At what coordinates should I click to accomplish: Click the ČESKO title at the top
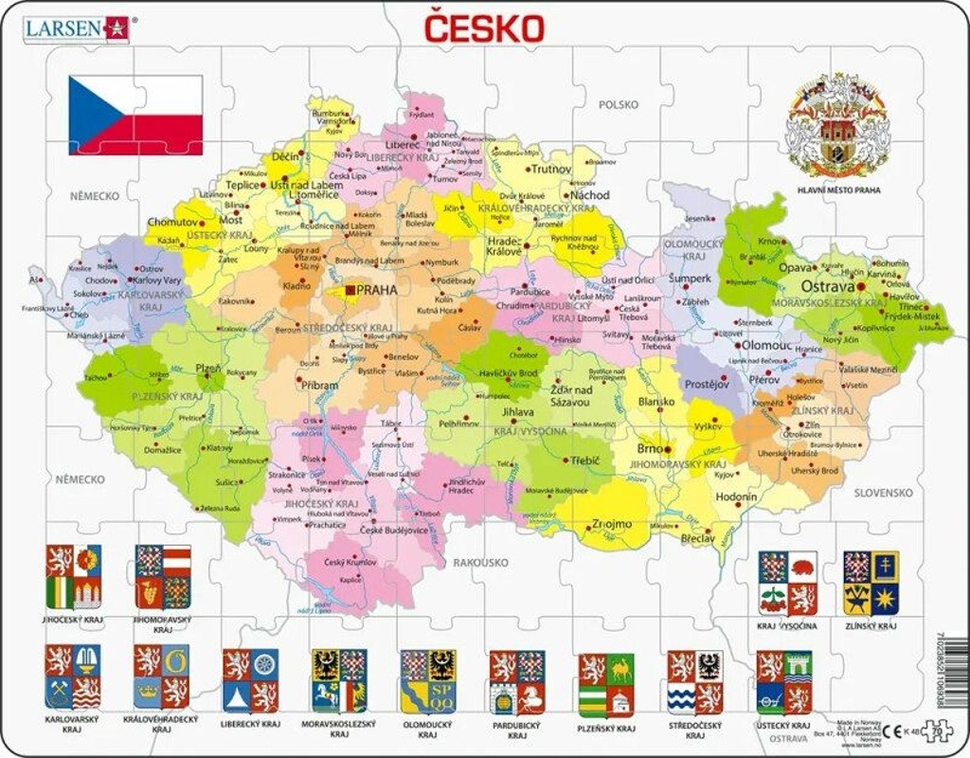pos(483,27)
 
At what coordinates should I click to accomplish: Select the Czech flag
pos(135,115)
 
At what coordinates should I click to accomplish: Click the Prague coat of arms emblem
pos(836,128)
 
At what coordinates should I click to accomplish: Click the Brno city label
pos(650,448)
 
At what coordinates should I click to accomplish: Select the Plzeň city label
pos(207,368)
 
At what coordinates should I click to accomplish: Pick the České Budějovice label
pos(393,530)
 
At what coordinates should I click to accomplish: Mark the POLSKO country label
pos(618,104)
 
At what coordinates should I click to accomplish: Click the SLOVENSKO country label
pos(883,493)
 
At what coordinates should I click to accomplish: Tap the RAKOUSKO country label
pos(479,563)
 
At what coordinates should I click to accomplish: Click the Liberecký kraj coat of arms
pos(251,680)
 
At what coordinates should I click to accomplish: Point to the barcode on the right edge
pos(958,673)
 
